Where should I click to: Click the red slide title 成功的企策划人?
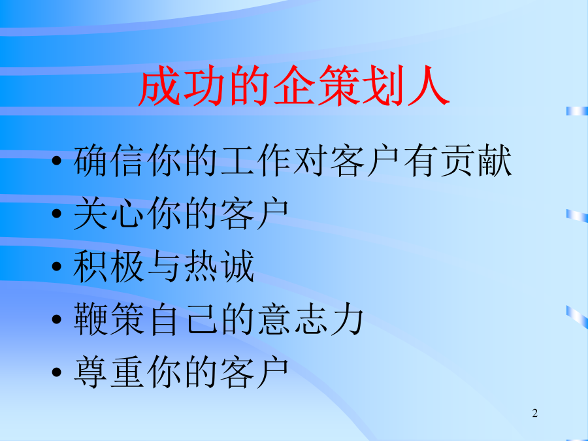(x=294, y=85)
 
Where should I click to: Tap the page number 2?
(x=534, y=413)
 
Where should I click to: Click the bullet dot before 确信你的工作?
(x=57, y=161)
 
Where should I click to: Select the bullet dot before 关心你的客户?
(x=57, y=214)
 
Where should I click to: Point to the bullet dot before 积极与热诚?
(x=57, y=267)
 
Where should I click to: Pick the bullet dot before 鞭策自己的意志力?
(x=57, y=319)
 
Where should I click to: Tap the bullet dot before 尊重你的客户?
(x=57, y=372)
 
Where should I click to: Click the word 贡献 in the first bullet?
(x=476, y=161)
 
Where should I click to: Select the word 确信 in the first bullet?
(x=108, y=161)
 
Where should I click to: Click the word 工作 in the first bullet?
(x=255, y=161)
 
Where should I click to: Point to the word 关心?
(x=108, y=214)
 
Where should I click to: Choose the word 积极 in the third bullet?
(x=108, y=267)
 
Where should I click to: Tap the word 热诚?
(x=220, y=267)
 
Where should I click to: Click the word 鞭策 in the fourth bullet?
(x=108, y=319)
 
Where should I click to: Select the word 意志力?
(x=310, y=319)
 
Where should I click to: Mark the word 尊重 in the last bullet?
(x=108, y=372)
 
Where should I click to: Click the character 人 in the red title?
(x=429, y=86)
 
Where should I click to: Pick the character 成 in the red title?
(x=159, y=86)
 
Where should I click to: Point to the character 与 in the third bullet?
(x=163, y=267)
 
